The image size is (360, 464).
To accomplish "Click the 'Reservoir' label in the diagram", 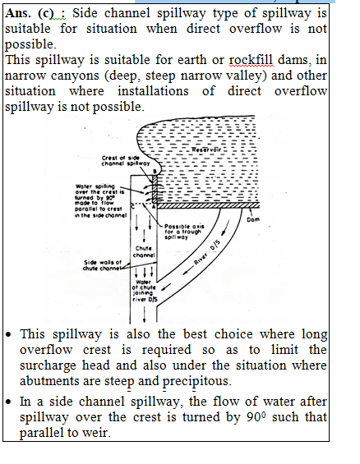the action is tap(206, 149).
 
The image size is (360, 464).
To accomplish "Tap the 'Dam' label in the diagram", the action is tap(253, 219).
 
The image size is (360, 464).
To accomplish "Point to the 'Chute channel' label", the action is tap(144, 251).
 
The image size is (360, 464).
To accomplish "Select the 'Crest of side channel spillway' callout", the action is tap(126, 161).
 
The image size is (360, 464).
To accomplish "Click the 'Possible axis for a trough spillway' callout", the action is tap(184, 232).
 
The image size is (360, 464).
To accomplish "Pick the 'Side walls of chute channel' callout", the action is tap(103, 265).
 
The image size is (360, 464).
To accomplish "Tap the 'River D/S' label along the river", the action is tap(207, 252).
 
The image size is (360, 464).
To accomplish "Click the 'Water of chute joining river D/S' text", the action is tap(145, 291).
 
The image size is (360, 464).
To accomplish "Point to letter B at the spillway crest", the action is tap(155, 172).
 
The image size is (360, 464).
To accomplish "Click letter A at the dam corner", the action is tap(154, 207).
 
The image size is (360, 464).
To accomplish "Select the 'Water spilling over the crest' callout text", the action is tap(100, 201).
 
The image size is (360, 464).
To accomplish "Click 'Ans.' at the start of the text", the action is tap(18, 13).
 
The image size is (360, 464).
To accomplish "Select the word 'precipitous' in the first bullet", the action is tap(196, 381).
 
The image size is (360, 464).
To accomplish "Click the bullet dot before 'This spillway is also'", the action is tap(8, 335).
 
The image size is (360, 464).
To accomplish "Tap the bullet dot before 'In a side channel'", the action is tap(8, 402).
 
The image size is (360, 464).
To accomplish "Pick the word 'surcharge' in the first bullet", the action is tap(48, 365).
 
